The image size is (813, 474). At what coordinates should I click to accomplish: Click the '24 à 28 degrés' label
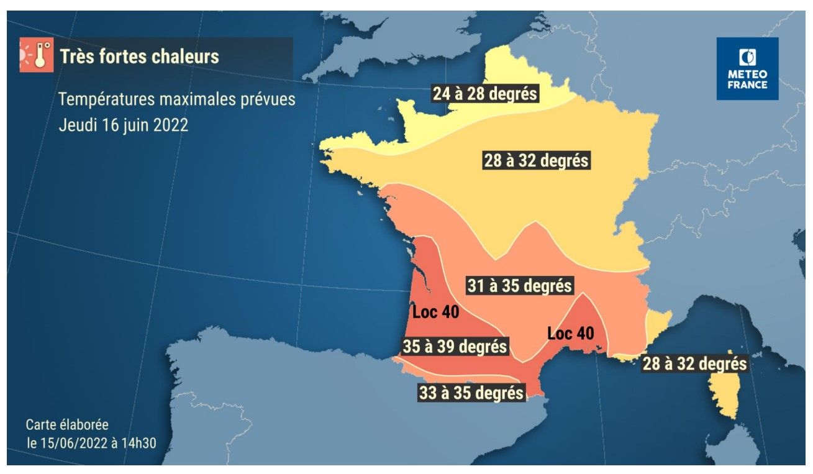pyautogui.click(x=485, y=94)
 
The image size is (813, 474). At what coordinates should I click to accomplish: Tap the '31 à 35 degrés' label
pyautogui.click(x=519, y=286)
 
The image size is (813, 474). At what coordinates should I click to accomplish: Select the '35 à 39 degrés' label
pyautogui.click(x=455, y=346)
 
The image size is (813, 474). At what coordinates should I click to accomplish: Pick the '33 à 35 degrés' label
pyautogui.click(x=470, y=393)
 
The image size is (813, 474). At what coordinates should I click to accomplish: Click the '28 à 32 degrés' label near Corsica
pyautogui.click(x=694, y=363)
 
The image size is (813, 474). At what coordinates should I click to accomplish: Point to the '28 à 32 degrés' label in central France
pyautogui.click(x=536, y=160)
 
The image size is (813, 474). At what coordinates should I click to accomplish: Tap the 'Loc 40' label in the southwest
pyautogui.click(x=435, y=312)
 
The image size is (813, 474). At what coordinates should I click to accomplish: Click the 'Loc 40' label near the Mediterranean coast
pyautogui.click(x=570, y=334)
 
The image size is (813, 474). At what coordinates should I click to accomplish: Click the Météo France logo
pyautogui.click(x=747, y=68)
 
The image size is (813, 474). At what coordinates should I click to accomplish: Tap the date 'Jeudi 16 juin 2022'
pyautogui.click(x=123, y=124)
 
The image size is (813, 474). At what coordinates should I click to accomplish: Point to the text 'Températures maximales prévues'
pyautogui.click(x=177, y=99)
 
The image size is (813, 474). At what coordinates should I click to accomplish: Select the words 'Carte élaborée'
pyautogui.click(x=67, y=425)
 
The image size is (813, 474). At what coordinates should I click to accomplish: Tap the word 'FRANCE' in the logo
pyautogui.click(x=747, y=85)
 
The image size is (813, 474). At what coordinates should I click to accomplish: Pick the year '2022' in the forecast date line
pyautogui.click(x=169, y=124)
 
